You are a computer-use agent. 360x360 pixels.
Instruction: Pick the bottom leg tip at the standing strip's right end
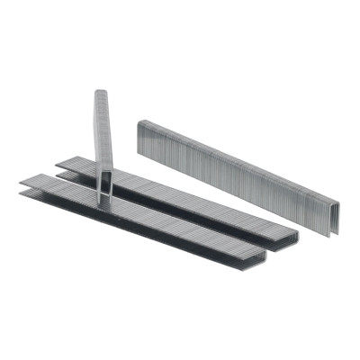[329, 235]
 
